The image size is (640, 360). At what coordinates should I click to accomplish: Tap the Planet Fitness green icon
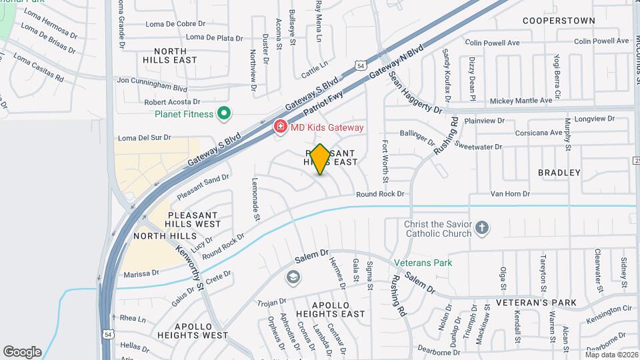(x=224, y=114)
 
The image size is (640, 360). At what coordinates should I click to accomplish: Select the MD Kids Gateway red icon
(x=281, y=127)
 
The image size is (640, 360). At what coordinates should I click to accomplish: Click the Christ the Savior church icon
(x=482, y=229)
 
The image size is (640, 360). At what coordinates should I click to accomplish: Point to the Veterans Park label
(x=423, y=263)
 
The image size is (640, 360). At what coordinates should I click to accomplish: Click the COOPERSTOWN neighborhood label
(x=559, y=21)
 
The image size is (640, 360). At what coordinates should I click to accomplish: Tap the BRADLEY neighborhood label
(x=559, y=173)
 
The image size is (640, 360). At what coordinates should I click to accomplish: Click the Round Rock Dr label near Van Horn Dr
(x=380, y=194)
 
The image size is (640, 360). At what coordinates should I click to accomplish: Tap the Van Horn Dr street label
(x=510, y=194)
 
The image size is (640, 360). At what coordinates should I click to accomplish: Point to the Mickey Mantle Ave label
(x=521, y=101)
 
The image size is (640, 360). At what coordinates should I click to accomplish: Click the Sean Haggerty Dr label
(x=415, y=94)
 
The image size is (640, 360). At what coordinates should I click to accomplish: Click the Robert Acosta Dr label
(x=172, y=103)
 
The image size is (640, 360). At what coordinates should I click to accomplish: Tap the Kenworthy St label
(x=189, y=267)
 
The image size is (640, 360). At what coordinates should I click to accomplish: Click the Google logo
(x=23, y=352)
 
